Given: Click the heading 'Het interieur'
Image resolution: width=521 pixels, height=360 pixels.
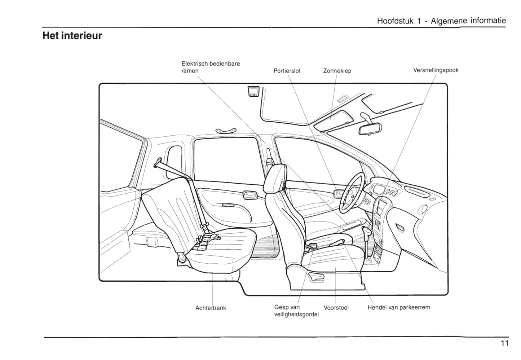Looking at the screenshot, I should pyautogui.click(x=72, y=36).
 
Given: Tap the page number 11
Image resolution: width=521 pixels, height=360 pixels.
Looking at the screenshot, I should pyautogui.click(x=504, y=343).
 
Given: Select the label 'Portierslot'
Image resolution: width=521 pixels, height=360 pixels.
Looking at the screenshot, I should pyautogui.click(x=287, y=71).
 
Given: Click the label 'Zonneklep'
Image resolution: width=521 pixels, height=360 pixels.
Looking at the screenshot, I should pyautogui.click(x=337, y=71).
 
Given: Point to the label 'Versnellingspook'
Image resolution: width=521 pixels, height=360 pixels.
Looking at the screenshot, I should pyautogui.click(x=436, y=70).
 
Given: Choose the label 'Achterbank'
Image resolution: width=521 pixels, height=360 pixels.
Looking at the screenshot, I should pyautogui.click(x=211, y=308).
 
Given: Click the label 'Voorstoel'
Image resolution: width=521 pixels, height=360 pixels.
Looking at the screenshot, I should pyautogui.click(x=336, y=308).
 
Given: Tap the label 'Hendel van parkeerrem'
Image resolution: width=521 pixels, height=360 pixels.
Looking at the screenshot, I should pyautogui.click(x=399, y=308).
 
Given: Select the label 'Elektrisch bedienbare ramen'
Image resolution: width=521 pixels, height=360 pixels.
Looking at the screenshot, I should pyautogui.click(x=211, y=67).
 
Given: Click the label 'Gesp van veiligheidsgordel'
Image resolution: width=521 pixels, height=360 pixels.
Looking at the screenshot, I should pyautogui.click(x=296, y=311).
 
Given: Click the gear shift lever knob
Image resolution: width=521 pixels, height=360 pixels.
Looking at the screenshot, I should pyautogui.click(x=367, y=231).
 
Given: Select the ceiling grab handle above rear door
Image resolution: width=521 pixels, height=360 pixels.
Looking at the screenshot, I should pyautogui.click(x=226, y=130).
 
